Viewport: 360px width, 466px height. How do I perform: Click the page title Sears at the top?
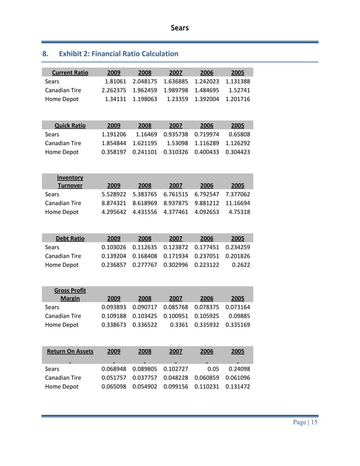(x=180, y=28)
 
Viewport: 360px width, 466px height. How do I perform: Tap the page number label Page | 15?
(x=304, y=423)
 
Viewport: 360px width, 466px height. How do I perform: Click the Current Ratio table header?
(x=70, y=73)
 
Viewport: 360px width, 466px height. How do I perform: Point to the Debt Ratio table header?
(x=70, y=239)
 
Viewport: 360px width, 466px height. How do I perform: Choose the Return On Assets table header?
(x=70, y=351)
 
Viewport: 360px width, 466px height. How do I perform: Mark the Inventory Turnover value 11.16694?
(x=238, y=203)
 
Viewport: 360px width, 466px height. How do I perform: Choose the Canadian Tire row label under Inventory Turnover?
(x=63, y=203)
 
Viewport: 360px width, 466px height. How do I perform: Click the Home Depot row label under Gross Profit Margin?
(x=62, y=325)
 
